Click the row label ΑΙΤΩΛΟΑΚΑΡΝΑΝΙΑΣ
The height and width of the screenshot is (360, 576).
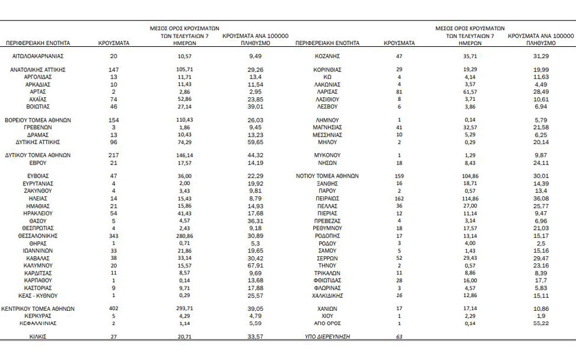click(x=38, y=56)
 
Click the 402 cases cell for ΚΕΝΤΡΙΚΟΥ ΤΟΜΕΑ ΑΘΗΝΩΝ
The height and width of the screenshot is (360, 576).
click(x=113, y=308)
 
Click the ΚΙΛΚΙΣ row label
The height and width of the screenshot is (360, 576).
click(x=38, y=337)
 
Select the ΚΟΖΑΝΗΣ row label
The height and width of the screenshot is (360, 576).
click(x=328, y=56)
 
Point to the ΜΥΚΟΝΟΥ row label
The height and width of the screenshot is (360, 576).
click(x=328, y=154)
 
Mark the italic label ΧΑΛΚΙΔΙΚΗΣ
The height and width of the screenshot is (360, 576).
click(x=328, y=296)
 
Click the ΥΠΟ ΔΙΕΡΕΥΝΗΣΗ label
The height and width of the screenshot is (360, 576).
click(x=328, y=337)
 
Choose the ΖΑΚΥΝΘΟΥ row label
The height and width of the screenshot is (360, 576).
click(x=38, y=190)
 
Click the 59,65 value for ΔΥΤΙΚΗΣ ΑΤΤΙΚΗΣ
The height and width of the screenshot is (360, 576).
click(x=256, y=142)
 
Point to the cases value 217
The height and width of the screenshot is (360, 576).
click(x=113, y=154)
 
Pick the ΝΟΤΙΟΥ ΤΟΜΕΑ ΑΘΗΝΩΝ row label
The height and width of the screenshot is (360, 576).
click(x=328, y=176)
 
